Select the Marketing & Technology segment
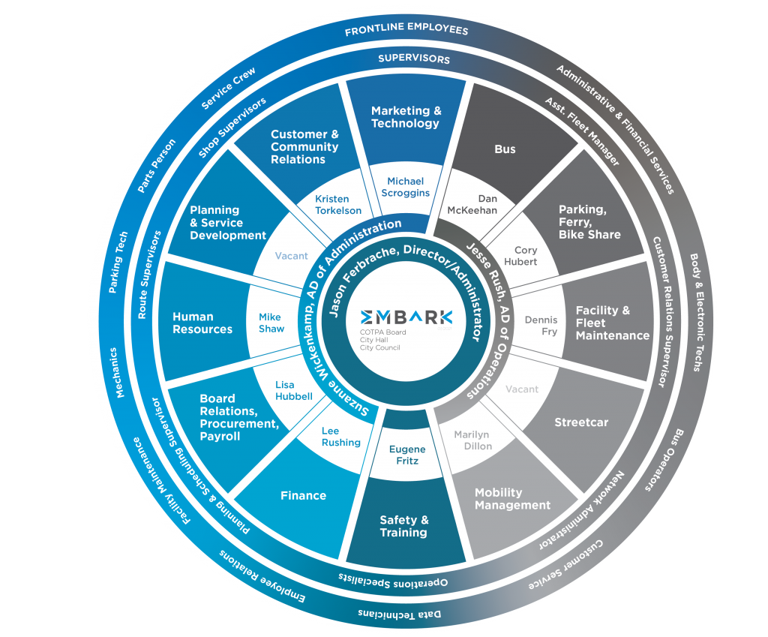tap(406, 117)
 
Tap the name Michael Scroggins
tap(406, 187)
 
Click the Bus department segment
tap(505, 149)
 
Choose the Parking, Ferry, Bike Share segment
tap(589, 222)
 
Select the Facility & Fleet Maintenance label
tap(612, 323)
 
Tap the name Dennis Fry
tap(541, 326)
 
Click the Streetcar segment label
tap(581, 422)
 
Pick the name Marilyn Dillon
tap(473, 440)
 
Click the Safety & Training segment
tap(403, 526)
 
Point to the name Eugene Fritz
tap(407, 455)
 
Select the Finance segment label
tap(303, 495)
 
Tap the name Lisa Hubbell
tap(293, 390)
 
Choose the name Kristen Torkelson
tap(338, 205)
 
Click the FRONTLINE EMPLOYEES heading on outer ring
tap(406, 30)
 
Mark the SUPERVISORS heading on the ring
tap(413, 59)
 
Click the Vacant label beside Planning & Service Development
tap(291, 256)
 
